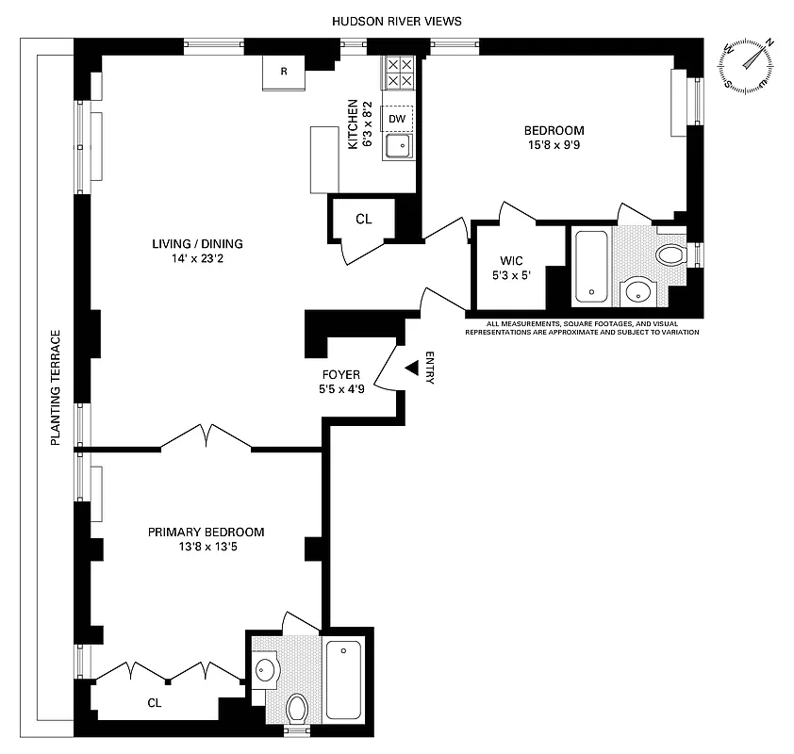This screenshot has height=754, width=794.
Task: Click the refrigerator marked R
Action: coord(284,73)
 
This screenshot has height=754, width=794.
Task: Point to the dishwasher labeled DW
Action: coord(398,119)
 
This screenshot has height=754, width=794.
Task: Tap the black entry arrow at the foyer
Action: coord(411,368)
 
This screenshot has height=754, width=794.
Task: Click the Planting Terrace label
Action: coord(56,387)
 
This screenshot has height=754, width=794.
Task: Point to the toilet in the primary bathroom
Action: coord(297,706)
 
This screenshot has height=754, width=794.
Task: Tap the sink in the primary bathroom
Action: coord(265,670)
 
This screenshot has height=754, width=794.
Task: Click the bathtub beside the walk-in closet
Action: coord(592,266)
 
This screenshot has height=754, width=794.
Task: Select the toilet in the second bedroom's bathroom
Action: coord(670,254)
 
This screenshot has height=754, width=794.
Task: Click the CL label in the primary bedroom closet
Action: coord(153,701)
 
